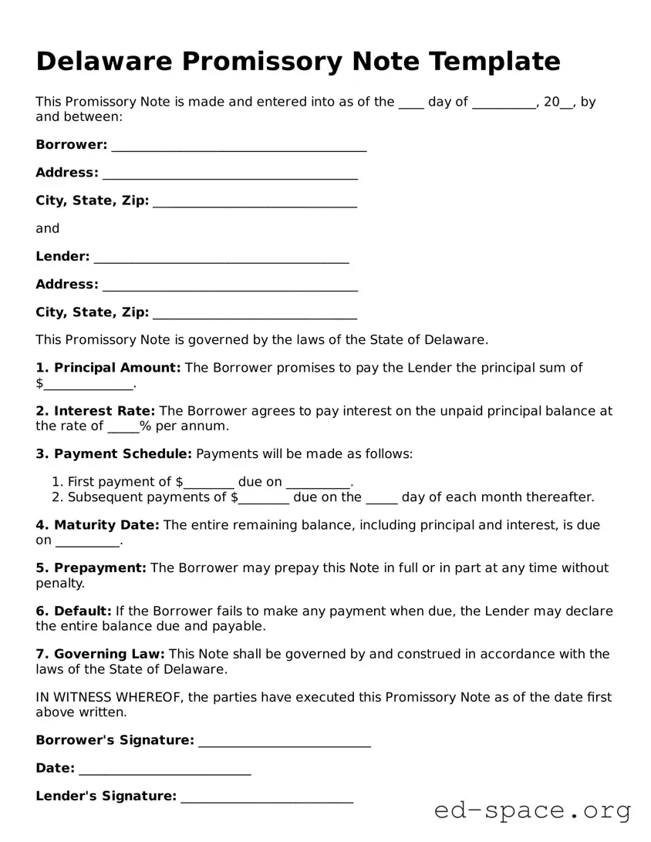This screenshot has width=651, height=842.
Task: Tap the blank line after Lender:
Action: click(x=221, y=258)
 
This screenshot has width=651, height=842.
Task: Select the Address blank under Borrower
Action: click(x=230, y=174)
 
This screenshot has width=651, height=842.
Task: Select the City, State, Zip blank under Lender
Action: click(x=255, y=314)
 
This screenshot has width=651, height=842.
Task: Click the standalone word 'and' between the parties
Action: click(x=47, y=229)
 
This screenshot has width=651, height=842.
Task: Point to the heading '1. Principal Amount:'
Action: click(x=108, y=368)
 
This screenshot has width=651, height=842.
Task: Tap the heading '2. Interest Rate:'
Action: click(x=96, y=411)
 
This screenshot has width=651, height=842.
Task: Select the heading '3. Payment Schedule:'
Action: click(x=113, y=454)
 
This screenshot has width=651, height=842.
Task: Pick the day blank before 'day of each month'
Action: click(x=381, y=499)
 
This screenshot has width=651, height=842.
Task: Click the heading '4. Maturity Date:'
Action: click(x=97, y=525)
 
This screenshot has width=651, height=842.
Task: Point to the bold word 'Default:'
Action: click(x=83, y=611)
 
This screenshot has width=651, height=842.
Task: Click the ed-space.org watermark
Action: click(x=532, y=810)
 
